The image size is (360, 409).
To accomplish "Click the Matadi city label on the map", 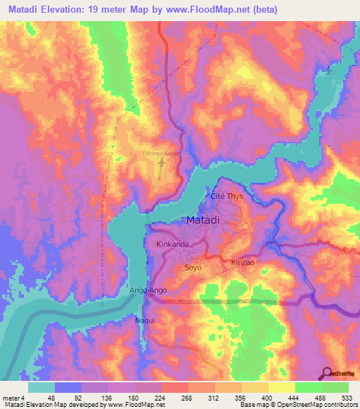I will point(205,221).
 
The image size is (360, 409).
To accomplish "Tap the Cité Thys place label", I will point(226,197).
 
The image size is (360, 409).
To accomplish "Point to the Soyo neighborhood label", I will point(193,267).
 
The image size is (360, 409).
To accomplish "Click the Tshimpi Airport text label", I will point(162,153).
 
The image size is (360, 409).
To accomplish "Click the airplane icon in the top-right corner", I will point(328,70).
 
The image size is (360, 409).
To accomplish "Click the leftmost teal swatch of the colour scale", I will point(41,387).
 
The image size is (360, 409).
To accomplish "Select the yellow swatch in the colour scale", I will point(282,387).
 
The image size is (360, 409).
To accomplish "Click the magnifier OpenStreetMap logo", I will point(328,373).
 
